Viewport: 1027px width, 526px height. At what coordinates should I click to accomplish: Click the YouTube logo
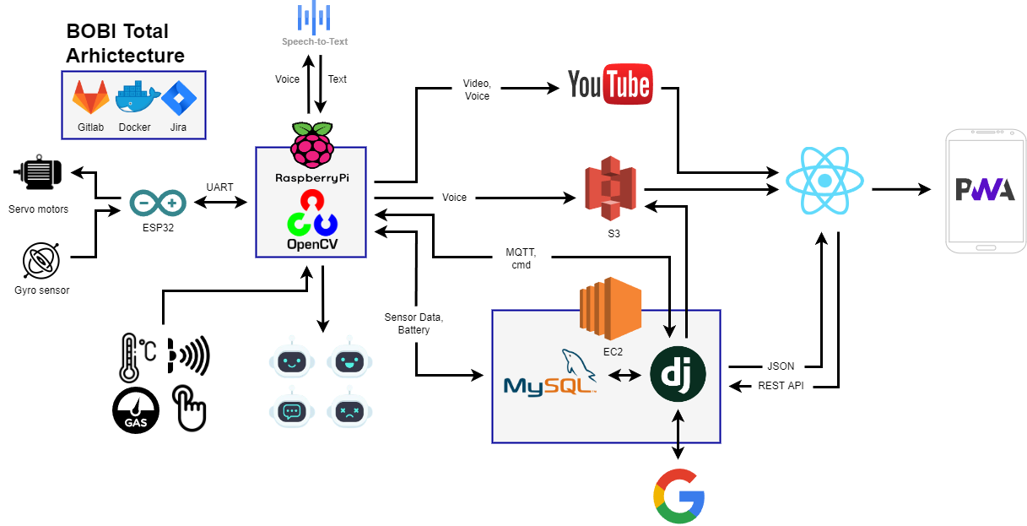coord(609,84)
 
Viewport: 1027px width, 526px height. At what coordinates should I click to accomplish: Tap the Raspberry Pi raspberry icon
coord(311,144)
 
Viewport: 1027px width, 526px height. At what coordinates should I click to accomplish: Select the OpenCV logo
coord(311,214)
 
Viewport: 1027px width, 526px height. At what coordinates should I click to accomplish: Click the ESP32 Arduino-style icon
coord(158,203)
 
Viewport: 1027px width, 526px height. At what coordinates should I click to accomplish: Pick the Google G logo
coord(678,496)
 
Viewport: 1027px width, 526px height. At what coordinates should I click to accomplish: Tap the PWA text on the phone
coord(985,190)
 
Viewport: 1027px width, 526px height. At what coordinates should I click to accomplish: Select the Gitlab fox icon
coord(91,98)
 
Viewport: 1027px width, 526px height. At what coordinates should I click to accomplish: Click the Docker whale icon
coord(135,98)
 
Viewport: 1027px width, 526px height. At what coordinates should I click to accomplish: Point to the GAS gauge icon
coord(136,410)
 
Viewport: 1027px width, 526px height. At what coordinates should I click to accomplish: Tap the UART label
coord(220,187)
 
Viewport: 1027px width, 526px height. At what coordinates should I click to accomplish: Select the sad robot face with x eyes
coord(349,410)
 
